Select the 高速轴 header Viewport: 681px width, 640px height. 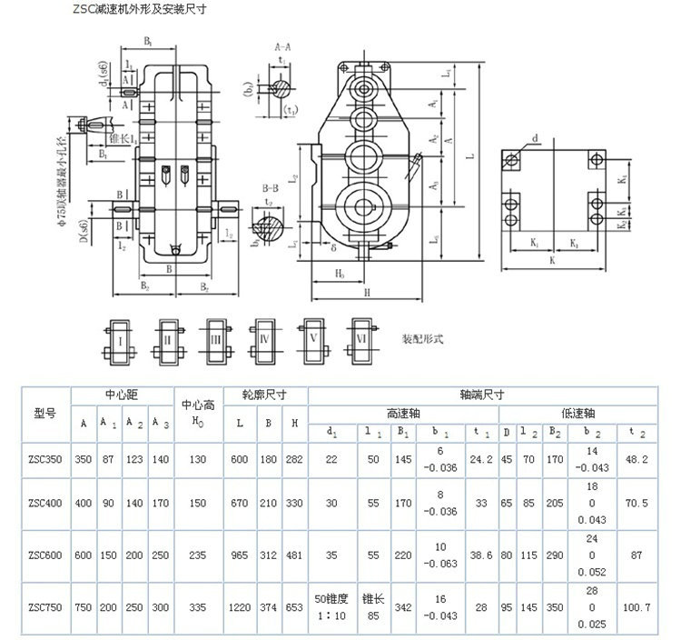point(403,412)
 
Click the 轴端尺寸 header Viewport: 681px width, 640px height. point(483,395)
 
